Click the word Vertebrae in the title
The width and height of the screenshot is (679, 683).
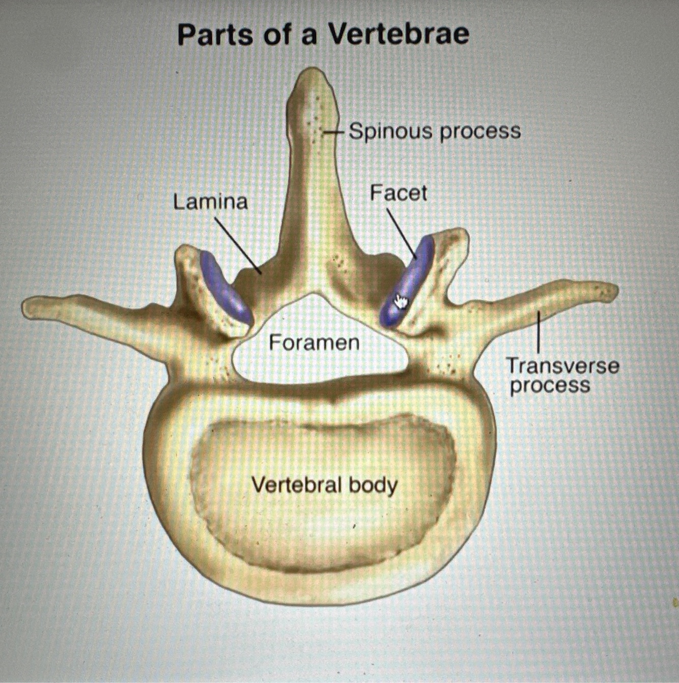[x=398, y=35]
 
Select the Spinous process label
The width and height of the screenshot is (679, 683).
[x=435, y=131]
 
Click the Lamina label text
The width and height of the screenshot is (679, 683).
[x=210, y=202]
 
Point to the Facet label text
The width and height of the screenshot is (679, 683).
[x=398, y=193]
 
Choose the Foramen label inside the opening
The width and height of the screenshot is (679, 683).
[x=314, y=343]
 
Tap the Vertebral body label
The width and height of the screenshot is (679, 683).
[x=325, y=485]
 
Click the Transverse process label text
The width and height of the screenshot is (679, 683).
[x=563, y=375]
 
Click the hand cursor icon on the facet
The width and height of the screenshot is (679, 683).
[x=402, y=301]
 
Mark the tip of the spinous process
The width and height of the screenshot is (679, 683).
[x=310, y=74]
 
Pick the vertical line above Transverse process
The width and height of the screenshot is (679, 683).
[x=539, y=331]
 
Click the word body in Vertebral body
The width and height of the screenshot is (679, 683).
[x=373, y=486]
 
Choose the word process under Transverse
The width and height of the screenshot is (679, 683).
[x=550, y=385]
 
